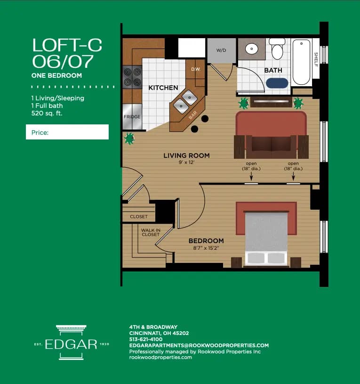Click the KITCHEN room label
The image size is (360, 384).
[x=163, y=88]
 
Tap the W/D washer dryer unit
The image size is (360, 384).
[x=221, y=50]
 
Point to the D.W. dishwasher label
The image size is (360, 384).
[x=196, y=70]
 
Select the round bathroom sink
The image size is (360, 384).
[x=251, y=48]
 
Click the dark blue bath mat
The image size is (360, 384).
[x=277, y=83]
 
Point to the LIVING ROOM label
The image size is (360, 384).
[x=186, y=155]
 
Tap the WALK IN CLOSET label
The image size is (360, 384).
[x=150, y=232]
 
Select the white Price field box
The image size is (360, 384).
[x=67, y=132]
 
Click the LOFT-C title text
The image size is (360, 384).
[x=67, y=45]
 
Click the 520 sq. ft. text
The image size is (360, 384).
[x=47, y=113]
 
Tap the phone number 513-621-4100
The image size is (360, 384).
[x=146, y=339]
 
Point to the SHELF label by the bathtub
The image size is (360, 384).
[x=316, y=59]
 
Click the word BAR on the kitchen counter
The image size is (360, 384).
[x=192, y=115]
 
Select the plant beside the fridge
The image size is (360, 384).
[x=129, y=139]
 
